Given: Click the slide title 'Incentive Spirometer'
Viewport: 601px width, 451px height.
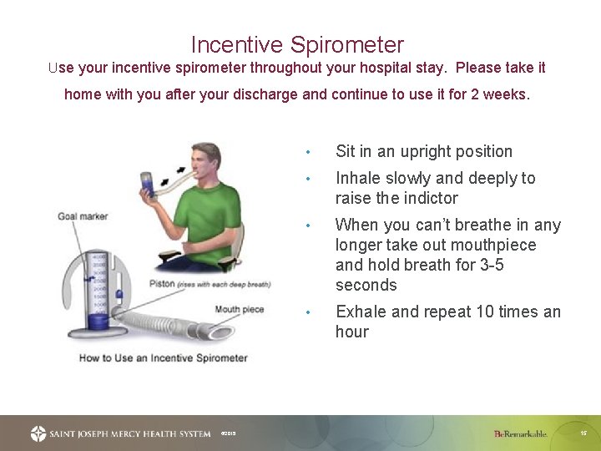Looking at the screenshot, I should click(x=297, y=44).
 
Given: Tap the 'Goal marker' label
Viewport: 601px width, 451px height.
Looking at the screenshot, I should click(x=83, y=216).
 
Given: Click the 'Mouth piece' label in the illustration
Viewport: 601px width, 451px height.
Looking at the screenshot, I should click(x=239, y=310).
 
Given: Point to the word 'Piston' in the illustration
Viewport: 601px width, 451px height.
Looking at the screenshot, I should click(x=163, y=284).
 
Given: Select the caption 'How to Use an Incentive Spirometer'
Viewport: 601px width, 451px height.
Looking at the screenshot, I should click(x=163, y=357).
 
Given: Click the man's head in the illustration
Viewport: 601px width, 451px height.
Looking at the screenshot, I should click(x=205, y=160).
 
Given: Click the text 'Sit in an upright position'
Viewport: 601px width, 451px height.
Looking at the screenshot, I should click(x=423, y=151).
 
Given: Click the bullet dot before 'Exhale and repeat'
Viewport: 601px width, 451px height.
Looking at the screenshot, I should click(x=308, y=312).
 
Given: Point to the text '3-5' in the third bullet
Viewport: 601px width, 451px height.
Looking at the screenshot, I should click(x=515, y=265).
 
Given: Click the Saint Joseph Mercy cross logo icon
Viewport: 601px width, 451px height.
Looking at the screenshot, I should click(x=38, y=433).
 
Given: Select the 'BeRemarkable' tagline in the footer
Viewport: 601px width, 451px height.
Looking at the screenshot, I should click(x=520, y=433).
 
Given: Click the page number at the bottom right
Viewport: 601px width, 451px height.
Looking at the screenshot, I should click(x=583, y=433).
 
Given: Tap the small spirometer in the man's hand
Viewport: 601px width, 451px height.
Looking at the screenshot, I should click(x=148, y=185).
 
